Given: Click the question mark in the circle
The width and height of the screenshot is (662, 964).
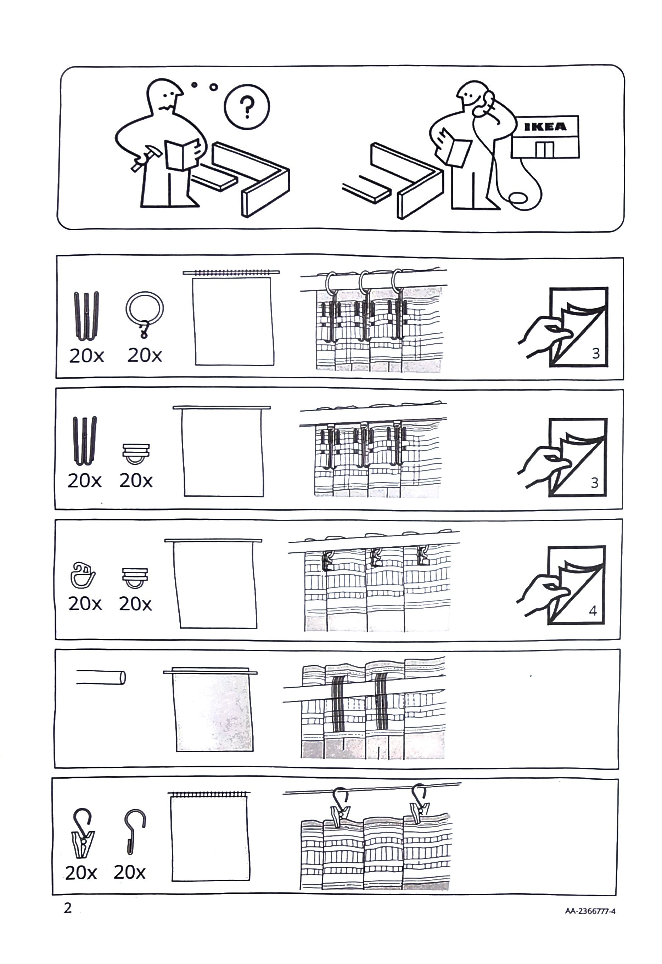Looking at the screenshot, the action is pos(247,107).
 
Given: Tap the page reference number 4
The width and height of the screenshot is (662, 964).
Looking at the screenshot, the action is pos(593,610).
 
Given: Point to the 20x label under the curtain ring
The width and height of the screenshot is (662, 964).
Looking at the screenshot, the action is pos(145,355).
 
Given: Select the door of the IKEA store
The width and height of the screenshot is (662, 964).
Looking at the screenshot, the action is pos(544,149).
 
